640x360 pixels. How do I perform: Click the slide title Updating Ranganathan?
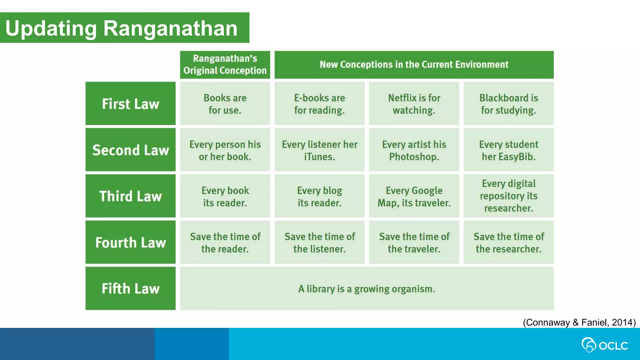(121, 28)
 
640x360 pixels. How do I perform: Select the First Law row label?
(131, 104)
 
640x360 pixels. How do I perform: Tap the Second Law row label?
(131, 150)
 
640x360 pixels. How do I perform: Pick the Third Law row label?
(131, 196)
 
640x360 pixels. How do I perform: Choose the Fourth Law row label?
(131, 242)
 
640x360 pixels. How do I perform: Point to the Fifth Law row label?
(131, 288)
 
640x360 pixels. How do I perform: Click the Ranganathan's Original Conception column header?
(225, 65)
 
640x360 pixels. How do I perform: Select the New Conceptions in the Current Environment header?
(414, 65)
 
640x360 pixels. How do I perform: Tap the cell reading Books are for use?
(225, 104)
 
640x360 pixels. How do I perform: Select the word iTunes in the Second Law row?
(319, 157)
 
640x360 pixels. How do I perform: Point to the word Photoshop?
(414, 157)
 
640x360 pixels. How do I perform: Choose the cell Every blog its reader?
(319, 196)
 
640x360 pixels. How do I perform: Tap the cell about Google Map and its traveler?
(414, 196)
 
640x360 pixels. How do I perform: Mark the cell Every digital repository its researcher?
(508, 196)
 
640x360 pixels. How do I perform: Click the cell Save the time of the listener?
(319, 242)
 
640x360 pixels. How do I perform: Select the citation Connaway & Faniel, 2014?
(579, 322)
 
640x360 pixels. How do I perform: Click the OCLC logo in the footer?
(605, 345)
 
